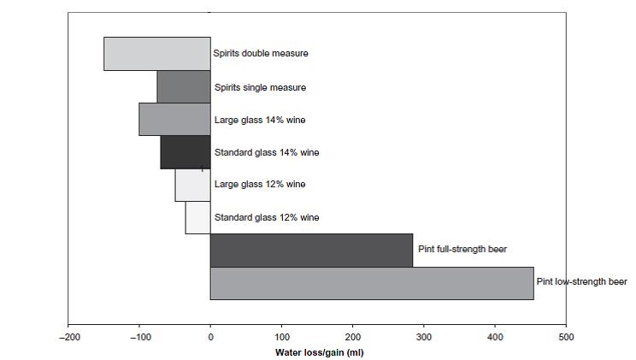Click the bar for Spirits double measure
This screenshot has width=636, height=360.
(x=157, y=53)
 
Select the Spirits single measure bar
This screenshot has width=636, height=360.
(x=184, y=86)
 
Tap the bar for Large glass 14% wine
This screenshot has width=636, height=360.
(x=174, y=119)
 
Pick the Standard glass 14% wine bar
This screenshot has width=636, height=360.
(x=185, y=151)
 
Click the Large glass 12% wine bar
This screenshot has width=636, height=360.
(x=192, y=184)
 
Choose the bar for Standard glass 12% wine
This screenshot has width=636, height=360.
(x=197, y=217)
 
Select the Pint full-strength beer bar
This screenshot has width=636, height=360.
(x=311, y=250)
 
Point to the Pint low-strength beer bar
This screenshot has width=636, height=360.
(x=372, y=283)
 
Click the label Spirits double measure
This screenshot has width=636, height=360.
(x=261, y=53)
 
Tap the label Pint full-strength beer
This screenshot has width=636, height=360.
(x=462, y=249)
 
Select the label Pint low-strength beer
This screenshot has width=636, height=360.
(x=582, y=281)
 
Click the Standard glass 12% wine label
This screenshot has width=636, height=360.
(x=266, y=217)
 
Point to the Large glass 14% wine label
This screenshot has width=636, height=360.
(x=259, y=120)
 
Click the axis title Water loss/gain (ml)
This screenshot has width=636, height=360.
(x=319, y=352)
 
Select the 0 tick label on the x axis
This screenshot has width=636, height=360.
(x=210, y=337)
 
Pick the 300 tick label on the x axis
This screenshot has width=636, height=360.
(x=424, y=337)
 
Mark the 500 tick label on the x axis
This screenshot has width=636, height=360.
(x=566, y=337)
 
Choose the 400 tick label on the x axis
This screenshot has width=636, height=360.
(x=495, y=337)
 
